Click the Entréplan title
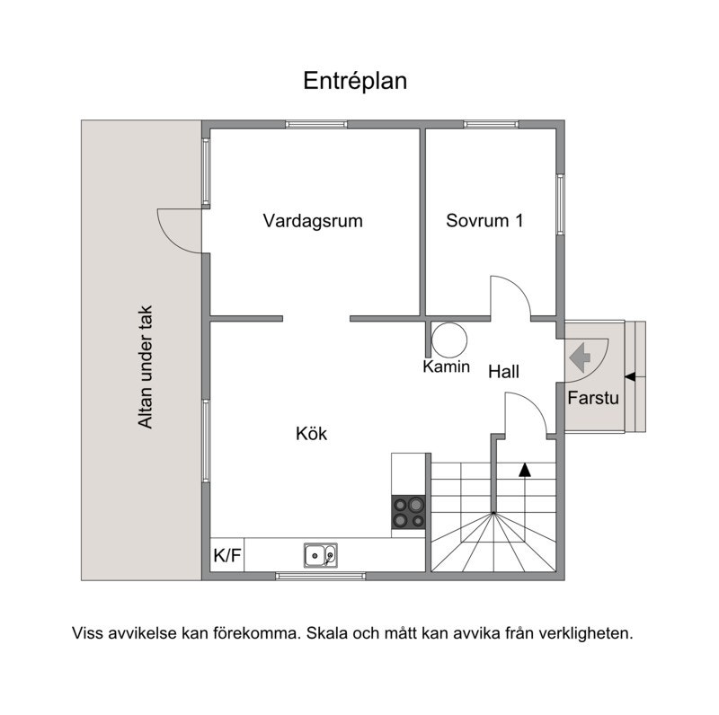tap(355, 81)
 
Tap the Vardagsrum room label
tap(313, 221)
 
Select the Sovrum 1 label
tap(484, 221)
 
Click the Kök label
tap(311, 434)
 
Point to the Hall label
tap(504, 371)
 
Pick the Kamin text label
tap(447, 366)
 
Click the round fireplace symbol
tap(449, 340)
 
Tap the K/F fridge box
tap(226, 556)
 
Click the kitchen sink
tap(320, 556)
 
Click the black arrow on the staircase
tap(525, 469)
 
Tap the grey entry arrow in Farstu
tap(580, 357)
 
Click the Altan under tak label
tap(145, 368)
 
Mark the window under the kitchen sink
tap(320, 575)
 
